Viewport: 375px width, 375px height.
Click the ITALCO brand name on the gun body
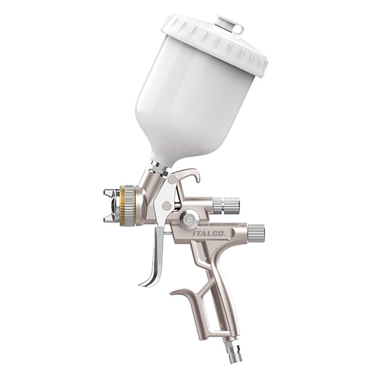coord(208,233)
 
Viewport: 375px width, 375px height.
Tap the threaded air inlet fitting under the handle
coord(235,351)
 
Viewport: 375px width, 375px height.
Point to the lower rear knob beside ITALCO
coord(256,233)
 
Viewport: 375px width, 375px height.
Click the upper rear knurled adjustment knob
coord(226,205)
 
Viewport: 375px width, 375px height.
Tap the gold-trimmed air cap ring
coord(127,205)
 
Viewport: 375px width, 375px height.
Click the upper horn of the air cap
coord(109,193)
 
